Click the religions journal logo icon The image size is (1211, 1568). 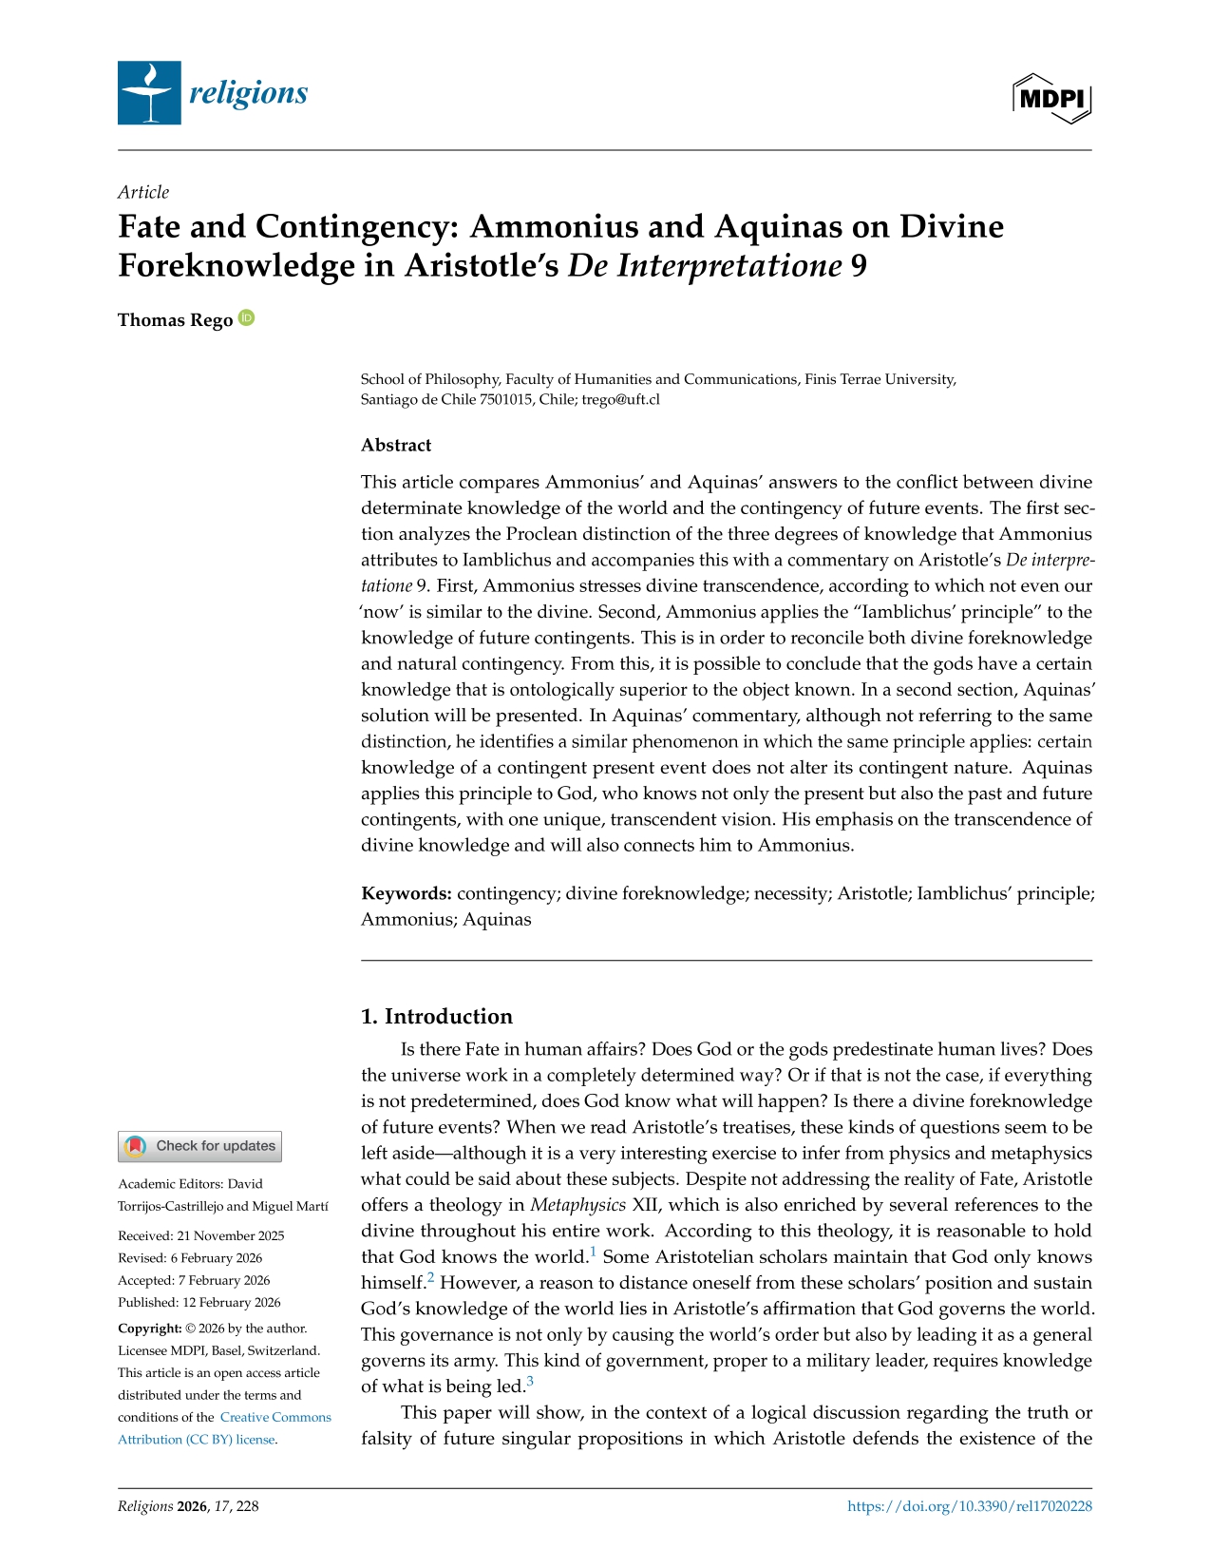point(149,93)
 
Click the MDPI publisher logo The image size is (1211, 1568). point(1052,98)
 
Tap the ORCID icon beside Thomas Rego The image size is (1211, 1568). point(246,318)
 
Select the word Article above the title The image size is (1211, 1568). point(143,192)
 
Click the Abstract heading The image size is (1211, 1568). point(396,445)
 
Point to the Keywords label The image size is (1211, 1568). point(406,893)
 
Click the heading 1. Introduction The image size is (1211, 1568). point(436,1016)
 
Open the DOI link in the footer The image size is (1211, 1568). point(969,1505)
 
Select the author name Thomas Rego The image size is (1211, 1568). point(175,320)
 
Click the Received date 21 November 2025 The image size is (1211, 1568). point(200,1235)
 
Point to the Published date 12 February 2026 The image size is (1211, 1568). point(199,1302)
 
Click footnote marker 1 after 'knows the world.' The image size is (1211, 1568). point(594,1252)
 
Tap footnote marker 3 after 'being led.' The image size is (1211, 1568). point(530,1381)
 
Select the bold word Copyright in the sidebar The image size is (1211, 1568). point(149,1329)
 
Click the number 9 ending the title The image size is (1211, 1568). point(859,266)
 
